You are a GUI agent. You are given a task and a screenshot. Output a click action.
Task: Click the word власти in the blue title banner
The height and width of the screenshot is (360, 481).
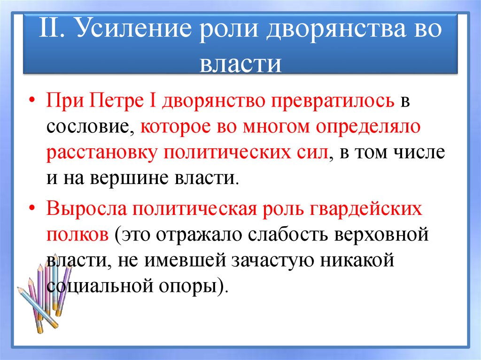240,64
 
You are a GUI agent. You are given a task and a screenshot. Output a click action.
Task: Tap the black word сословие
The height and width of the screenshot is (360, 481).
89,128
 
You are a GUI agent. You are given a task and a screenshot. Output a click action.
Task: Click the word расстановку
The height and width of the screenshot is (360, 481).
98,153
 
